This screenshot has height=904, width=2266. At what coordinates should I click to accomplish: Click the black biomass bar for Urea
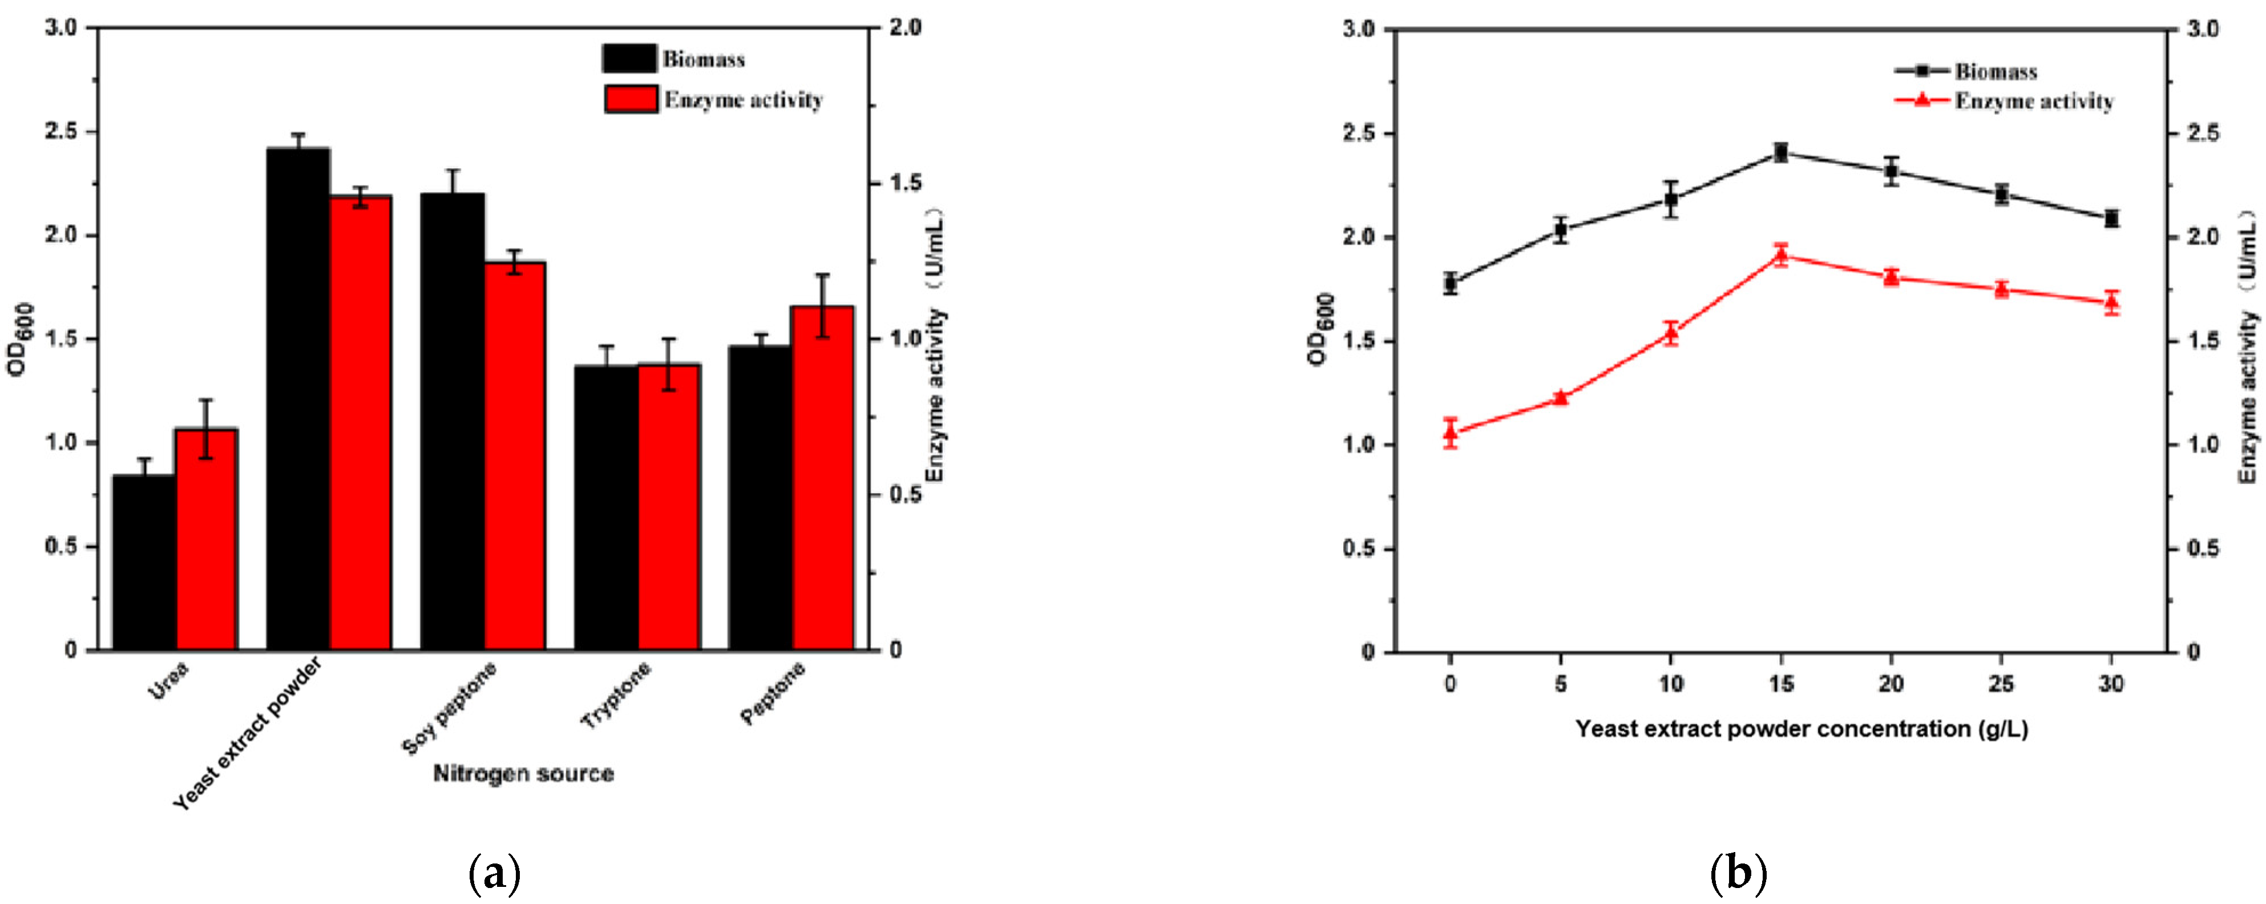pyautogui.click(x=144, y=563)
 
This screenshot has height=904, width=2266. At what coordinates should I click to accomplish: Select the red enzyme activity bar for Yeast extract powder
pyautogui.click(x=361, y=422)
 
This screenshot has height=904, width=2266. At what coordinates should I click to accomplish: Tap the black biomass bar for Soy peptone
pyautogui.click(x=452, y=422)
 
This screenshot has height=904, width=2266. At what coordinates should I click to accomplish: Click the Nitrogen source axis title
pyautogui.click(x=523, y=774)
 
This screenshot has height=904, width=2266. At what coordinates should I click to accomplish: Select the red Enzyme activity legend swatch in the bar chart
pyautogui.click(x=631, y=99)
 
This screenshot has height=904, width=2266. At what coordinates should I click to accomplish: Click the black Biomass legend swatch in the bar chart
pyautogui.click(x=629, y=59)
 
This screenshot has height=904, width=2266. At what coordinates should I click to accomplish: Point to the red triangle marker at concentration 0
pyautogui.click(x=1451, y=432)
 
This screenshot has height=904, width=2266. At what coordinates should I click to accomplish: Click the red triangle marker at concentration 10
pyautogui.click(x=1670, y=332)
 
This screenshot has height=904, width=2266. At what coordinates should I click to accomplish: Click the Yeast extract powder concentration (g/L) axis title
pyautogui.click(x=1802, y=729)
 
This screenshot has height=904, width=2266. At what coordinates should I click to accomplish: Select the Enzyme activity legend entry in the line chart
pyautogui.click(x=2033, y=101)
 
